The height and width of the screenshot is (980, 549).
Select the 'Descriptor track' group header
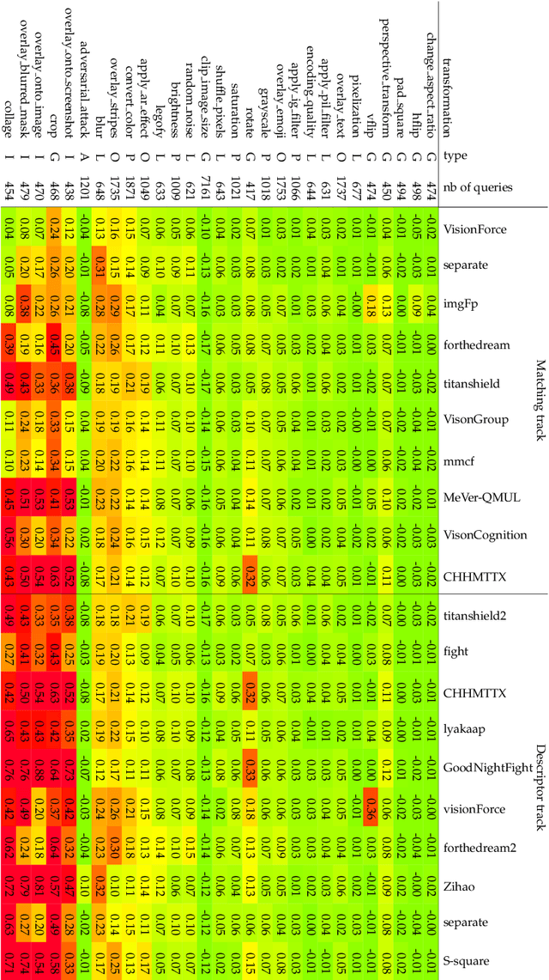(540, 785)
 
